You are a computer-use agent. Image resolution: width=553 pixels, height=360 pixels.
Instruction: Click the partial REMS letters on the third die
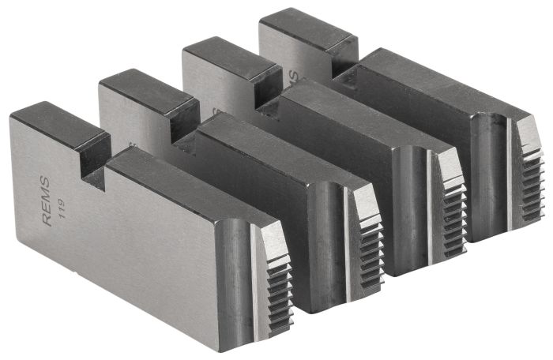[x=293, y=76]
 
